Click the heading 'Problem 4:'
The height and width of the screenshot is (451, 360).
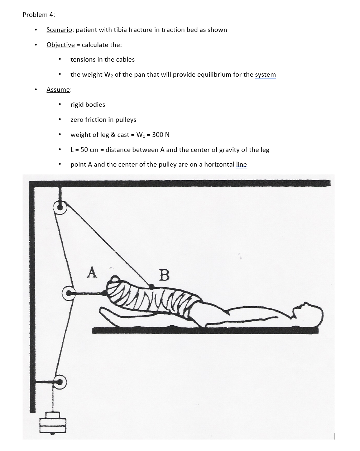coord(39,15)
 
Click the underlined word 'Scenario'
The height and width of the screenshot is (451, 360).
coord(59,30)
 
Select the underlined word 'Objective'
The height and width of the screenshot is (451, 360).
coord(61,45)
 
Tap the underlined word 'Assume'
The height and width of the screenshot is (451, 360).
coord(58,90)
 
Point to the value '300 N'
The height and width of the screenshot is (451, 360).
coord(161,135)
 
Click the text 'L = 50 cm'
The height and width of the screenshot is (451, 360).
coord(84,150)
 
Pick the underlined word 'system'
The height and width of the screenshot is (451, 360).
coord(265,75)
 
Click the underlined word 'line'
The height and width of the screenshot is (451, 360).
coord(241,164)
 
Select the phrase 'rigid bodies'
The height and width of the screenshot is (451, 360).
coord(88,105)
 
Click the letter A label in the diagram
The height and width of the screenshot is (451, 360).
coord(92,272)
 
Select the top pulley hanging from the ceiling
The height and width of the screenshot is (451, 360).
coord(60,207)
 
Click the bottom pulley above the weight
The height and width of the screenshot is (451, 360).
coord(60,382)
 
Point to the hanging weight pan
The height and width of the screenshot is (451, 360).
coord(53,423)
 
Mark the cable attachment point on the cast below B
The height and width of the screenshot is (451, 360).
coord(152,286)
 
